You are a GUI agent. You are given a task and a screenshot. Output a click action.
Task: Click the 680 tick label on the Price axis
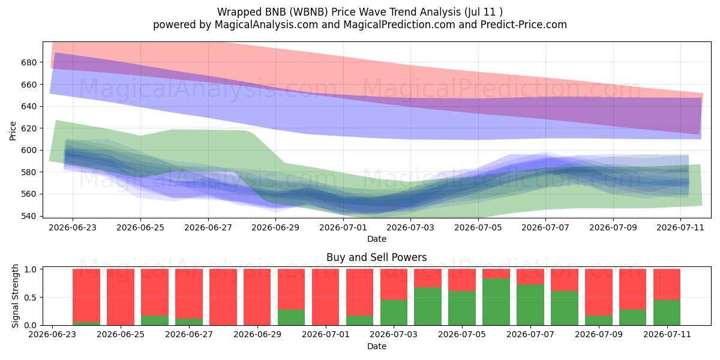tap(29, 62)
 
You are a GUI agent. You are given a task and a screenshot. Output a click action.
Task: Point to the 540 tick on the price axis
tap(29, 216)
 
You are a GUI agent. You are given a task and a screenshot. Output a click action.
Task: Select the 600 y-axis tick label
tap(29, 150)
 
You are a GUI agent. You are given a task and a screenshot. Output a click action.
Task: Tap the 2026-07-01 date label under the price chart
tap(343, 227)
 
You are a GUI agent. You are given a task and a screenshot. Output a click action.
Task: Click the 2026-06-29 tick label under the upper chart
tap(275, 227)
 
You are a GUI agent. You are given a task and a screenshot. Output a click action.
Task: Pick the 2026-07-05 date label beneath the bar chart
tap(462, 334)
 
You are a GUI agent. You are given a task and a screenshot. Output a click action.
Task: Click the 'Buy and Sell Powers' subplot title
tap(376, 257)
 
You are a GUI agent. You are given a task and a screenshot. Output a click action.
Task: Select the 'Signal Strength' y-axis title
tap(15, 296)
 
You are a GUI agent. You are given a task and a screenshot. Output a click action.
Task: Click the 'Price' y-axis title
tap(13, 131)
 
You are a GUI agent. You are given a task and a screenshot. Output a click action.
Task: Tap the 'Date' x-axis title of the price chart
tap(377, 239)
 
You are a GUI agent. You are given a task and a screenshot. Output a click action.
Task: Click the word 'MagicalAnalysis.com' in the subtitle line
tap(266, 25)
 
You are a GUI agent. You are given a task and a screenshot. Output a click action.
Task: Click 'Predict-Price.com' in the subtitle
tap(524, 25)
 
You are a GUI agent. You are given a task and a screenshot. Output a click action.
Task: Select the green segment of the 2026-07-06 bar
tap(496, 302)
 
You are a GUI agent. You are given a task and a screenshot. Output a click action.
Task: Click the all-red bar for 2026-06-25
tap(121, 297)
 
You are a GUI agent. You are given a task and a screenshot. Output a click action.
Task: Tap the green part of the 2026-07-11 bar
tap(667, 313)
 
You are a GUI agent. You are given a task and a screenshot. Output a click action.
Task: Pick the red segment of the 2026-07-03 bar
tap(394, 284)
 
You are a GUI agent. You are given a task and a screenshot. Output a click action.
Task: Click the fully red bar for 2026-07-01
tap(325, 297)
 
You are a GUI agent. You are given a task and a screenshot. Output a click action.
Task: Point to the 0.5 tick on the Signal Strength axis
tap(31, 298)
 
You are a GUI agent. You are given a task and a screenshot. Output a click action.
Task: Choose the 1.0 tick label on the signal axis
tap(31, 269)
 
